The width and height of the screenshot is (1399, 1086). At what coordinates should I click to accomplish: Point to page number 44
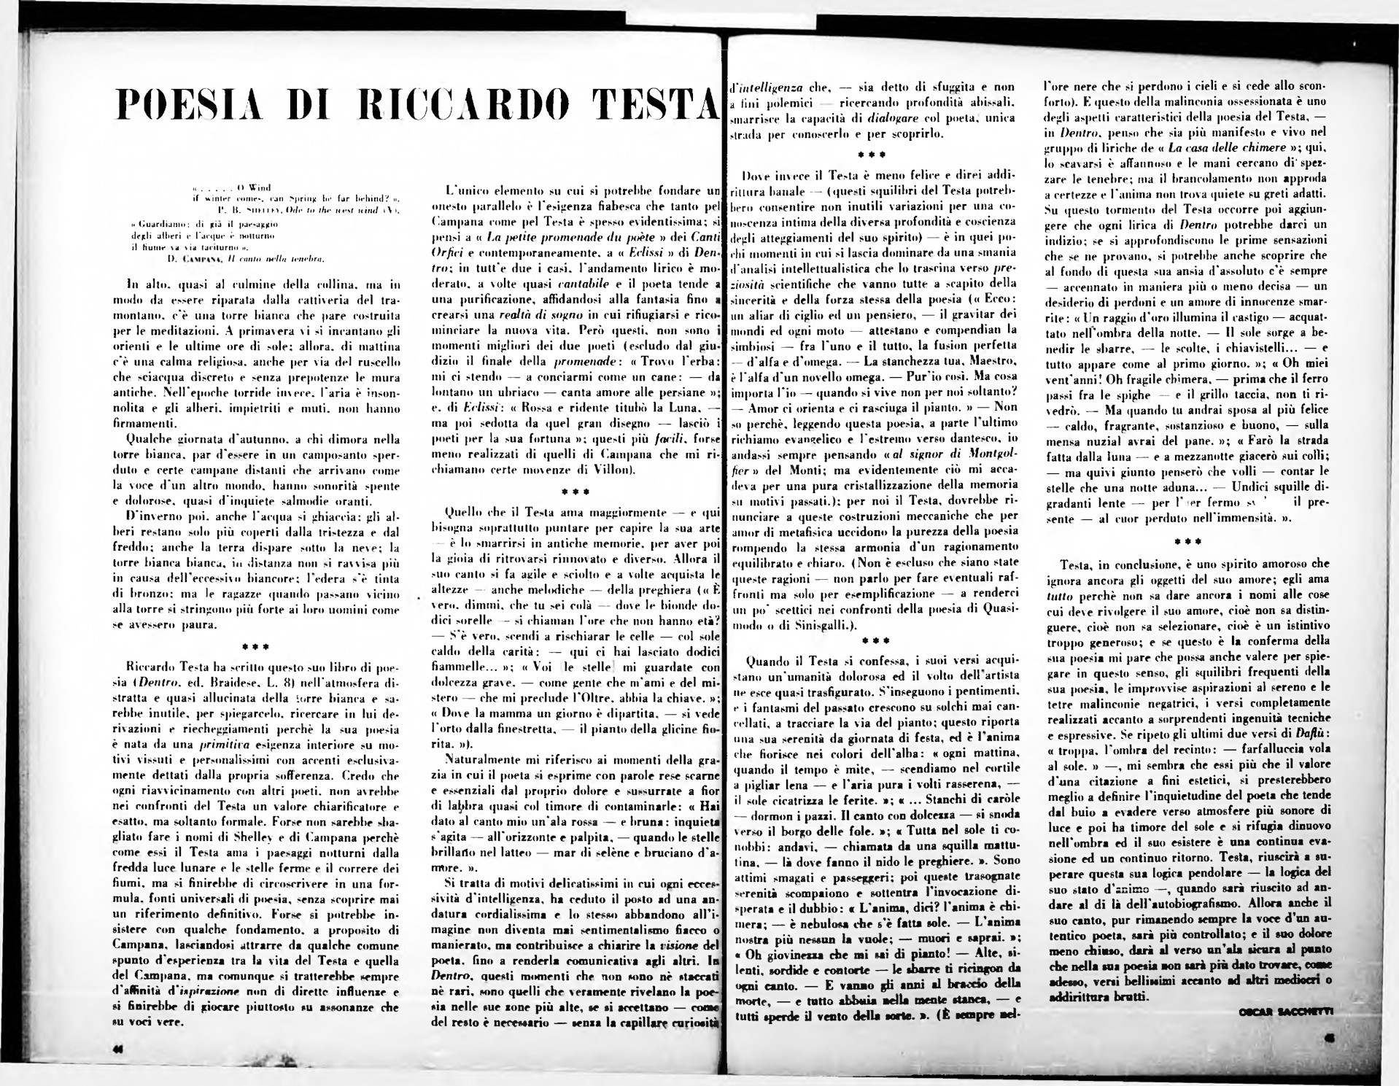pos(118,1048)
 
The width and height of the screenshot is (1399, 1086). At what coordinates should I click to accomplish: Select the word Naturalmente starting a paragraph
pos(488,761)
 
